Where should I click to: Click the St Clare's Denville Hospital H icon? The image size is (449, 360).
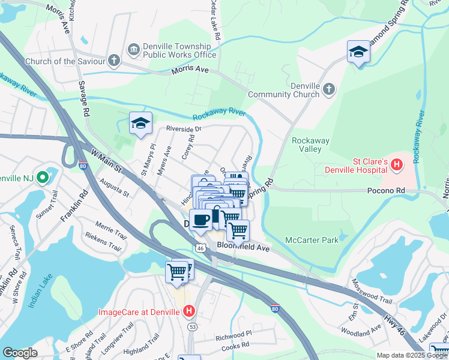tap(396, 164)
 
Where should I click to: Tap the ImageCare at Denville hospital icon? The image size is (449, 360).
tap(189, 311)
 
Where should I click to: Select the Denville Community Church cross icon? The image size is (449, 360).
tap(328, 90)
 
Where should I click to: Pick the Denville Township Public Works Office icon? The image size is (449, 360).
tap(133, 48)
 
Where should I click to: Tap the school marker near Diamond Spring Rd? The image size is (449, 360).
tap(358, 52)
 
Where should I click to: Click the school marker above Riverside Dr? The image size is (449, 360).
tap(140, 124)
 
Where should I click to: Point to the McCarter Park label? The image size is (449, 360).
tap(312, 241)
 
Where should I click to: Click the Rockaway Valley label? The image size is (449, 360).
tap(310, 145)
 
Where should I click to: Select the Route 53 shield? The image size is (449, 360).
tap(192, 326)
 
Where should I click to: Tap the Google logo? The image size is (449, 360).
tap(20, 353)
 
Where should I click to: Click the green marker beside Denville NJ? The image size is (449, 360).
tap(42, 178)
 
